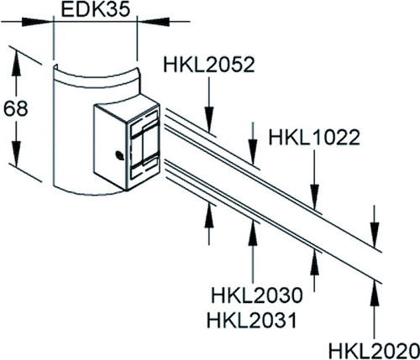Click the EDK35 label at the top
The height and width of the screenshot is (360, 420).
point(96,10)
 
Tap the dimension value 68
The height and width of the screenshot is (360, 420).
point(16,108)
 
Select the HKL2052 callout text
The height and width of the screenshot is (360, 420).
point(209,65)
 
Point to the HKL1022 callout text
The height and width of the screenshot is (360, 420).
point(314,138)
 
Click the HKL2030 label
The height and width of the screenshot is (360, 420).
point(257,295)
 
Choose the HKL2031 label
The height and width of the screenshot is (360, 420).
point(251,321)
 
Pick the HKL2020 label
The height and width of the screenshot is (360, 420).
point(374,350)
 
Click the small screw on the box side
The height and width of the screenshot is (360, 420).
point(119,155)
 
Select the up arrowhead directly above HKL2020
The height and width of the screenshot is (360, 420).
point(375,295)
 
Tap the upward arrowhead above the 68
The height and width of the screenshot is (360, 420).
point(16,63)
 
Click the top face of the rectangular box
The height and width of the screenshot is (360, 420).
point(129,107)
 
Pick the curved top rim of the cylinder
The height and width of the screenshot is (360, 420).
point(96,78)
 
